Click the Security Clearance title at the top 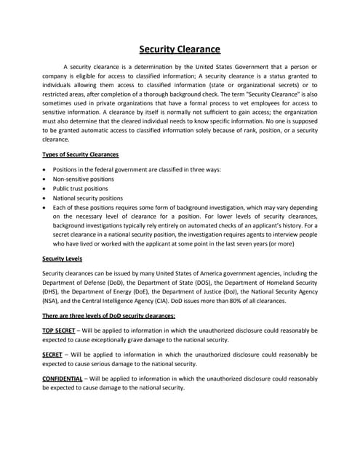(180, 49)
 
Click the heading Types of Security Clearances (80, 155)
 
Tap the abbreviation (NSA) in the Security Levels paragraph (50, 301)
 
